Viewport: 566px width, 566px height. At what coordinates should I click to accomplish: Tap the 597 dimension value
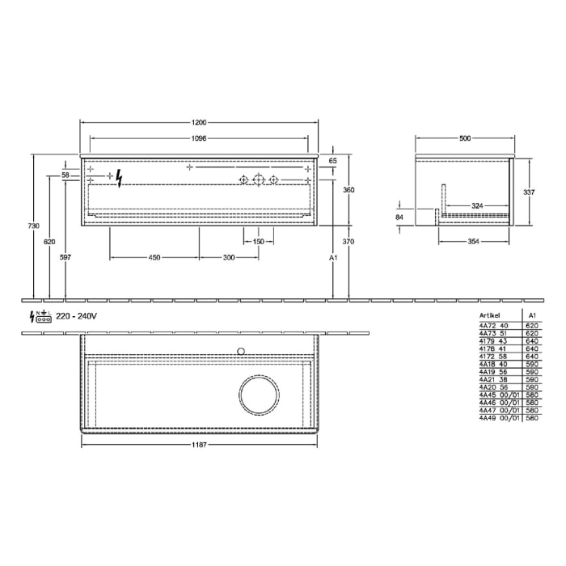pyautogui.click(x=65, y=257)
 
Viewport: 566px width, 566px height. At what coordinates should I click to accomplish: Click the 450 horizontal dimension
pyautogui.click(x=154, y=257)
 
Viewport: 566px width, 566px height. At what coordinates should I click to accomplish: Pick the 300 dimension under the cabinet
pyautogui.click(x=229, y=257)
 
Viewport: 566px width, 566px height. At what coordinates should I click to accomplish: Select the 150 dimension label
pyautogui.click(x=259, y=242)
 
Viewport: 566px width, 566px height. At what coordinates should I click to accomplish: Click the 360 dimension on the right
pyautogui.click(x=349, y=190)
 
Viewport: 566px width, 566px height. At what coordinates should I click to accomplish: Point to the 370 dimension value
pyautogui.click(x=349, y=242)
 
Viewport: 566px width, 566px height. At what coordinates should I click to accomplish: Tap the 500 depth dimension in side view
pyautogui.click(x=464, y=138)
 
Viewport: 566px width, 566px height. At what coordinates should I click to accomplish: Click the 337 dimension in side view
pyautogui.click(x=529, y=192)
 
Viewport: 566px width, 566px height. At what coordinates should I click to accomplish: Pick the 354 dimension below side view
pyautogui.click(x=473, y=242)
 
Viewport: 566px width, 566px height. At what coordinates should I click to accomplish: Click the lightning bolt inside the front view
pyautogui.click(x=120, y=178)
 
